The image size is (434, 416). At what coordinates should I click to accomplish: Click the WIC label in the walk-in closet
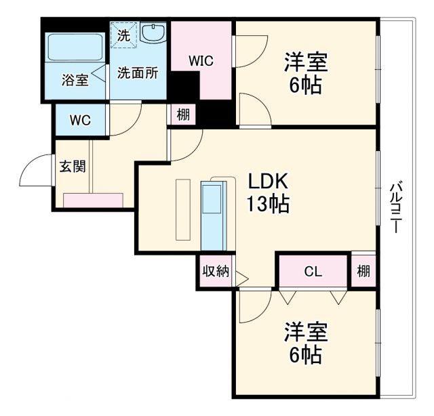point(201,61)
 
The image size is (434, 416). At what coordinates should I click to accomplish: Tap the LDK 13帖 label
point(268,192)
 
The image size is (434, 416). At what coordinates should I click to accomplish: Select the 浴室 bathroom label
point(75,81)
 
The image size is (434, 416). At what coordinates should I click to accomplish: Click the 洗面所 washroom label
point(138,73)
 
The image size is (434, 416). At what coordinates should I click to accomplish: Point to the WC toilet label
point(80,121)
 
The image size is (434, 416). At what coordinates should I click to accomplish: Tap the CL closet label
point(313,272)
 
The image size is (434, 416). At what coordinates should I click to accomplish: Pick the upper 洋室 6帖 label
point(306,74)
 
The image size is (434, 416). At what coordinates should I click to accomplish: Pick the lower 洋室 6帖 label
point(306,343)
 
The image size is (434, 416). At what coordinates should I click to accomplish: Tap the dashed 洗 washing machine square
point(123,35)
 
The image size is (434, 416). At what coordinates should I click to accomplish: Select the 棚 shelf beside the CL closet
point(363,272)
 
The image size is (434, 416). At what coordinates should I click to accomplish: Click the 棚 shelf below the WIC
point(183,115)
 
